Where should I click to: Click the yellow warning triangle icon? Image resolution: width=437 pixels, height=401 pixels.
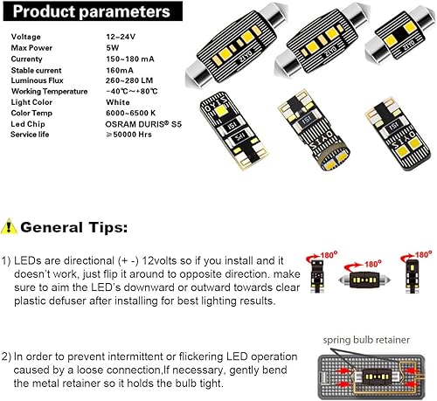[x=9, y=227]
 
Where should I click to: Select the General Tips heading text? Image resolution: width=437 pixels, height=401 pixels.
[x=73, y=227]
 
